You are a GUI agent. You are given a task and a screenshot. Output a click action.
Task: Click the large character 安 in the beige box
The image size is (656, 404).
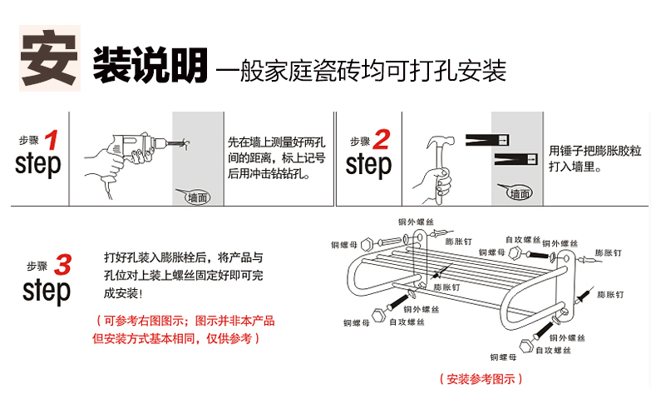(49, 57)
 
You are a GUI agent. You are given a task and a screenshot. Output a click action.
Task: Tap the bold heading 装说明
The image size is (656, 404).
(150, 65)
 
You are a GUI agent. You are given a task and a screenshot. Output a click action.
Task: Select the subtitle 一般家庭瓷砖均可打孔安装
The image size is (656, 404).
(361, 70)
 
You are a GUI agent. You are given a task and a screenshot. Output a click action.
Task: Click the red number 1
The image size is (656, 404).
(52, 140)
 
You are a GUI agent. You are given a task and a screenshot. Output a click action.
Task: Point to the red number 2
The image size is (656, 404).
(382, 139)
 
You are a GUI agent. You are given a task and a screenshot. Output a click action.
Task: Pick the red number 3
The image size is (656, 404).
(62, 265)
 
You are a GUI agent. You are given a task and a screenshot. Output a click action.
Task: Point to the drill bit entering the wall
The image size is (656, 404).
(177, 143)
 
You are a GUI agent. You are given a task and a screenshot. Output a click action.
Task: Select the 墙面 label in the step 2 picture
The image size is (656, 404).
(520, 193)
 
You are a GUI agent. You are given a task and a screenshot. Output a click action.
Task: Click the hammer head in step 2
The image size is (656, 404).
(441, 142)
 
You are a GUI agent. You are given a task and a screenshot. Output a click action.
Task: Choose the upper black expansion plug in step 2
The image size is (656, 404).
(487, 140)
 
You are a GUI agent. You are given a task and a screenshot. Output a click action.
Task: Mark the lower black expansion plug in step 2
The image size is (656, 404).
(515, 159)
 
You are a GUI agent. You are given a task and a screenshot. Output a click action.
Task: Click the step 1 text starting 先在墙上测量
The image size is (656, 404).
(277, 158)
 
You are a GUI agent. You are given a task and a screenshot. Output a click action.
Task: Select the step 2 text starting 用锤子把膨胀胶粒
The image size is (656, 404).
(595, 158)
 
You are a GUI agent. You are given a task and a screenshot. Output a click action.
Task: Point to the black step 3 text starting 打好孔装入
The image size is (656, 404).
(183, 276)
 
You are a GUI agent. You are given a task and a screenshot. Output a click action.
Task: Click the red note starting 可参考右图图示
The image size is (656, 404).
(184, 330)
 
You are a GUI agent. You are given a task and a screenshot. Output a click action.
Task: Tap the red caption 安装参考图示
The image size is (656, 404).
(481, 379)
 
